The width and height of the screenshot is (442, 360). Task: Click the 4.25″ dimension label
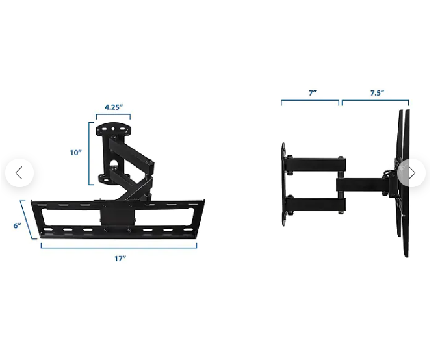tap(114, 107)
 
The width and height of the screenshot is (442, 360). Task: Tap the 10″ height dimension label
tap(75, 153)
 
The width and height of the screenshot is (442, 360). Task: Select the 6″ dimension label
tap(17, 225)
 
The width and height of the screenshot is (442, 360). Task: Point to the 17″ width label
tap(120, 259)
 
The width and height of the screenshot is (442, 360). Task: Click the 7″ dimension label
tap(313, 92)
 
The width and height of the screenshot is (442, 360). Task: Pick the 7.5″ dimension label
tap(377, 93)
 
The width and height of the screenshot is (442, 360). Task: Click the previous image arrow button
tap(19, 173)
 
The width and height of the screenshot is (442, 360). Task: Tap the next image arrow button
tap(411, 173)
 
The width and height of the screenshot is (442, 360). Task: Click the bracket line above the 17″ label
tap(119, 248)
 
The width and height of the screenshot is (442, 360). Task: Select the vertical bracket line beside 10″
tap(89, 153)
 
